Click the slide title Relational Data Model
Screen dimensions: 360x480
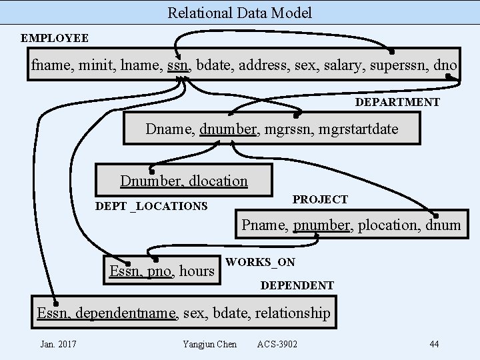(x=239, y=13)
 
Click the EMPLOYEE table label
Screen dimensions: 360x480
(x=55, y=38)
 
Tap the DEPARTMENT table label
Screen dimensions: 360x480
(x=397, y=102)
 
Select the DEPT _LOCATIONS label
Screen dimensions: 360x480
(x=151, y=206)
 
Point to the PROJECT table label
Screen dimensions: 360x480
(x=320, y=199)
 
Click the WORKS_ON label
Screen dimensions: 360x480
(x=260, y=262)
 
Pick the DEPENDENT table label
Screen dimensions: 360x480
(x=297, y=285)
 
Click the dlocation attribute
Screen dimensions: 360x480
(x=218, y=181)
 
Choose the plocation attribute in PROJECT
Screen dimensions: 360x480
(x=387, y=225)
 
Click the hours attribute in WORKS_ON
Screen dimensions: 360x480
(x=197, y=271)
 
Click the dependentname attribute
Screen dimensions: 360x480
(x=127, y=313)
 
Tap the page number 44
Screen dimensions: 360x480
(x=434, y=344)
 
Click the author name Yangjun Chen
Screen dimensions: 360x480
(x=209, y=344)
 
